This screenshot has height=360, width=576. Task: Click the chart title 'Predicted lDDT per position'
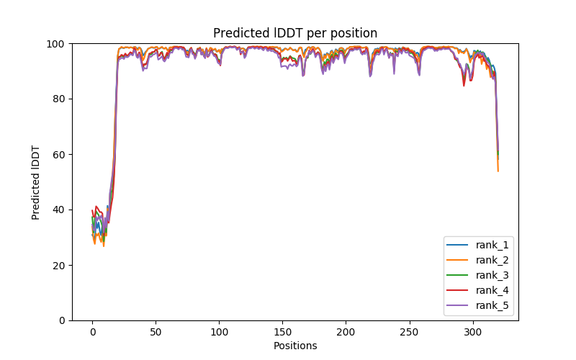(295, 33)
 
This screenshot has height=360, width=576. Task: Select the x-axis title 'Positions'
(295, 346)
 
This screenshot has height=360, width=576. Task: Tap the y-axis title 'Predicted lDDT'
(36, 182)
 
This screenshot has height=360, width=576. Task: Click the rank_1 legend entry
(492, 245)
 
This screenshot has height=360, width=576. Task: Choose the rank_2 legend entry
(492, 260)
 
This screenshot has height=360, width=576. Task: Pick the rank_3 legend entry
(492, 275)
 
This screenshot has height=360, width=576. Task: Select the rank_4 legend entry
(492, 290)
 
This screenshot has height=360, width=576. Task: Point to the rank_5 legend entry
(492, 305)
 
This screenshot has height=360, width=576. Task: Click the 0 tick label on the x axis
(92, 332)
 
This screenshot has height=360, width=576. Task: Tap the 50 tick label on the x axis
(156, 332)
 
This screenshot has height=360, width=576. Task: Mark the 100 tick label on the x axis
(219, 332)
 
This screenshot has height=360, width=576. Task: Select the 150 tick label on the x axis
(282, 332)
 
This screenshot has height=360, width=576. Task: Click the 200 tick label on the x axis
(346, 332)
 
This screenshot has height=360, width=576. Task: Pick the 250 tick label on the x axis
(410, 332)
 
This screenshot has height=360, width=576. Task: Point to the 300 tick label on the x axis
(473, 332)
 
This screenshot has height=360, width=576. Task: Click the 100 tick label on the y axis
(55, 43)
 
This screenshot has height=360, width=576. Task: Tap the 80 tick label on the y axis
(58, 99)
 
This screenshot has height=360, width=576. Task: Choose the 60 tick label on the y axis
(58, 154)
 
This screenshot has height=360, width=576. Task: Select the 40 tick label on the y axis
(58, 210)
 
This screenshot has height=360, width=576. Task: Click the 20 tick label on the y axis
(58, 265)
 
